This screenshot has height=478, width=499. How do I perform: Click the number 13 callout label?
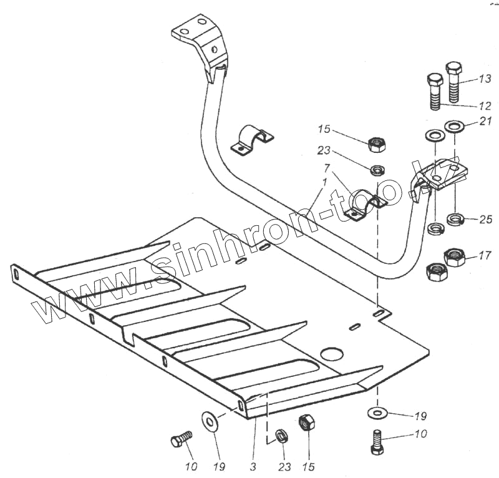pos(485,79)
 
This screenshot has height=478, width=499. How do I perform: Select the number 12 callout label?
pos(485,105)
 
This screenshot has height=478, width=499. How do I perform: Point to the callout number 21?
pos(486,121)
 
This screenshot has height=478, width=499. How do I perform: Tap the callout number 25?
pos(486,220)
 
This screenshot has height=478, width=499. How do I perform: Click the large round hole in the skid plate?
pos(332,354)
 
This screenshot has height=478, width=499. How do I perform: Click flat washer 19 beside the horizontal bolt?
pos(210,421)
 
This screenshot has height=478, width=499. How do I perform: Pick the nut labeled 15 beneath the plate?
pos(306,422)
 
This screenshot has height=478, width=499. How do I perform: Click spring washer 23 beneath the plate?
pos(281,435)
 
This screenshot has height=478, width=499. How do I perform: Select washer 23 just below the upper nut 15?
pos(377,169)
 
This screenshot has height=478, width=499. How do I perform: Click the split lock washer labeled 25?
pos(456,220)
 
